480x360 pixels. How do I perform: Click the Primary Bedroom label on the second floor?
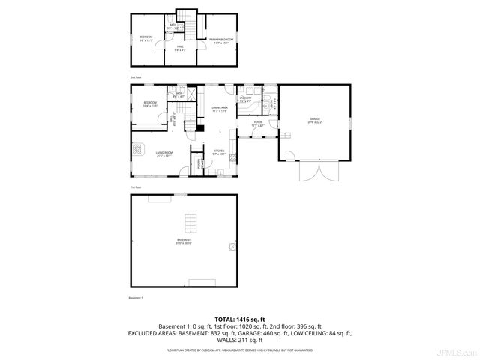[222, 40]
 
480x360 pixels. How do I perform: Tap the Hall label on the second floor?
[180, 49]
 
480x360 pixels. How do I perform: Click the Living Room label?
[165, 154]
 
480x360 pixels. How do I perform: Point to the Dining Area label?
[219, 109]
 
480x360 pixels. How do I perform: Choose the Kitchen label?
[219, 152]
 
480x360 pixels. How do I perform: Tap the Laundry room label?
[245, 99]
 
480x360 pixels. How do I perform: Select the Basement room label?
[184, 241]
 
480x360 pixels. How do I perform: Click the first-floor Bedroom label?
[150, 103]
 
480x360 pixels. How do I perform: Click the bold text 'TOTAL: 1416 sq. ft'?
[239, 319]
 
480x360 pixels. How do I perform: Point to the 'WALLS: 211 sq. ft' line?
[239, 339]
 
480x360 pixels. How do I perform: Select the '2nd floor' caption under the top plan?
[136, 77]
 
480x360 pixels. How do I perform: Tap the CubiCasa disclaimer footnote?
[239, 349]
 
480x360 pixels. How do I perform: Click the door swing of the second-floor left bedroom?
[158, 46]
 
